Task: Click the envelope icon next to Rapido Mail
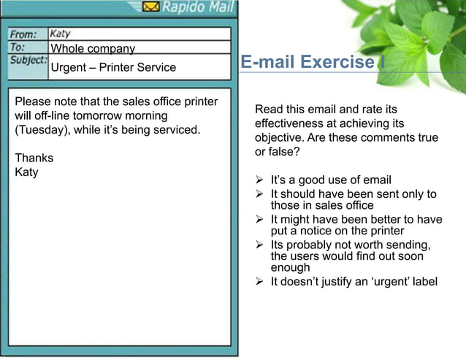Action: (x=151, y=7)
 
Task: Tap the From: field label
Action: (x=23, y=34)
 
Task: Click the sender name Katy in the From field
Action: (x=60, y=34)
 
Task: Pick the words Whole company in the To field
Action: (x=93, y=49)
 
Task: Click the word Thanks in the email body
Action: (x=34, y=158)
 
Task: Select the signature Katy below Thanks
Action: (x=26, y=172)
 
